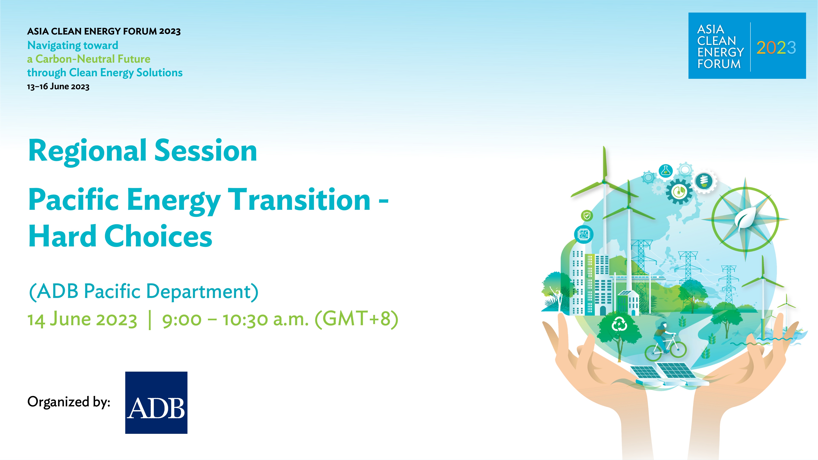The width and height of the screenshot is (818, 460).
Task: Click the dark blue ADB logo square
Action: tap(156, 402)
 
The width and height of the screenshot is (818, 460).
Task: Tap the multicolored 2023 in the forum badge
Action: tap(776, 48)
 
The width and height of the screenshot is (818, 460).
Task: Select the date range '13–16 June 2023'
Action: tap(58, 86)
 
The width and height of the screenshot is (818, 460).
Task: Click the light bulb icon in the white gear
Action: tap(704, 181)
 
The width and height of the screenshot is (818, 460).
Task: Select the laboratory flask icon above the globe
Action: tap(665, 171)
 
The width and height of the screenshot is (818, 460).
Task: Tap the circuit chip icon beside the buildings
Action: tap(584, 235)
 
